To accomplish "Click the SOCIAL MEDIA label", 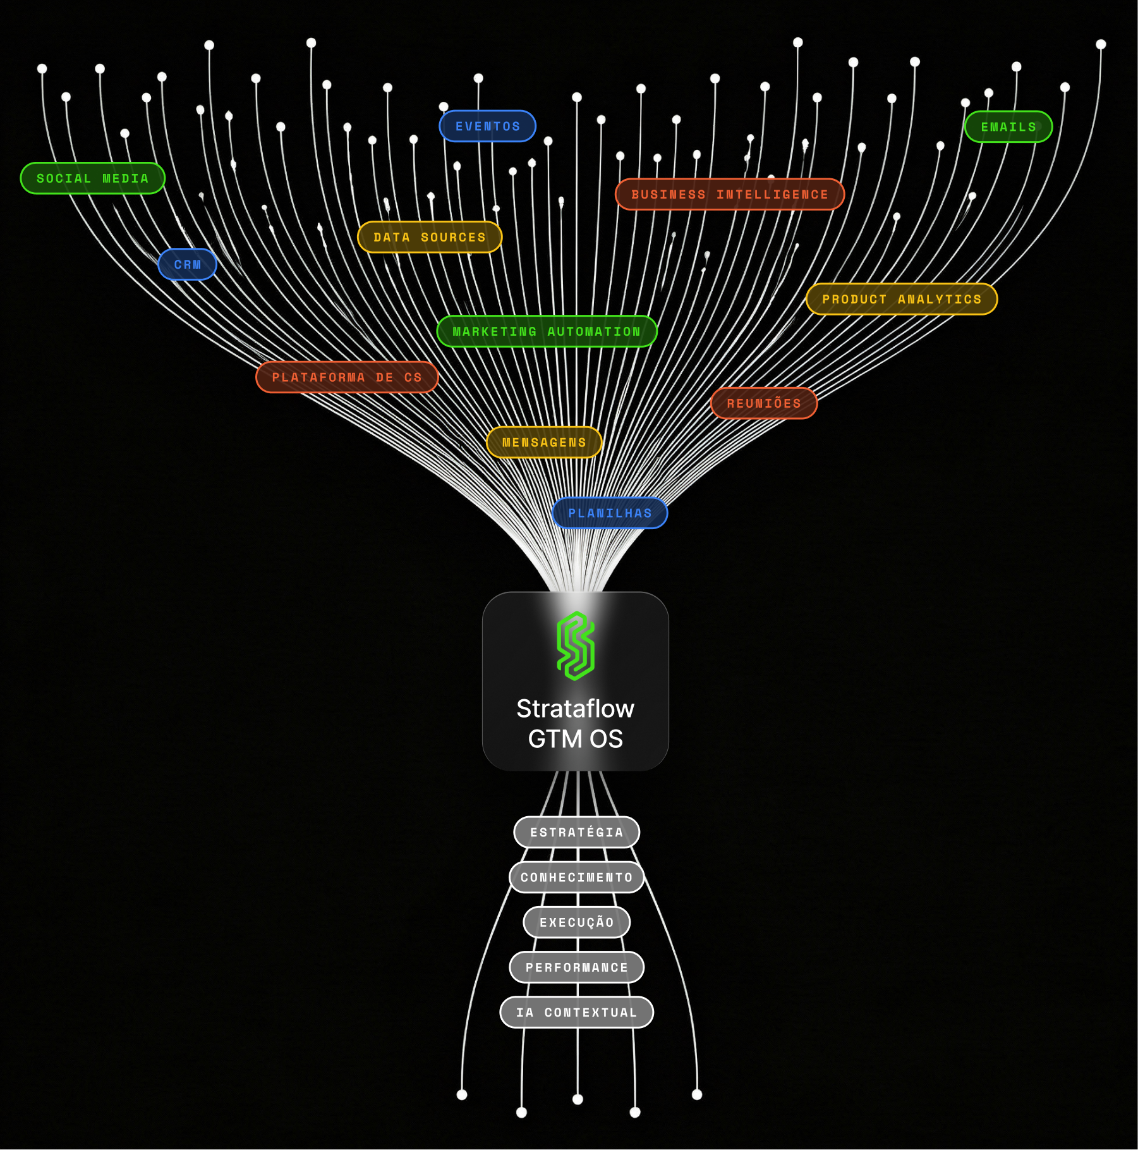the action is [x=92, y=178].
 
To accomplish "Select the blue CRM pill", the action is [x=187, y=264].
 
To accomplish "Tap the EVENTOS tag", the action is [x=488, y=126].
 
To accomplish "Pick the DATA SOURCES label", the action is [x=430, y=237].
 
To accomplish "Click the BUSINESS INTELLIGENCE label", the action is [x=730, y=194].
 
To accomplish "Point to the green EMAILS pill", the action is [x=1008, y=127].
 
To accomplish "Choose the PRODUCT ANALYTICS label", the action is [x=902, y=299].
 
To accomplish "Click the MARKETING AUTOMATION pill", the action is [x=547, y=331].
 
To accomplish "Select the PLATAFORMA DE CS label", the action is [x=347, y=377].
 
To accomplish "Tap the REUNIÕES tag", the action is [x=764, y=403].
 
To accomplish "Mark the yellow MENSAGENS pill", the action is [x=544, y=443].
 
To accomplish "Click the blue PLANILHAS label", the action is [x=610, y=513].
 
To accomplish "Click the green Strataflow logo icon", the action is [x=576, y=645].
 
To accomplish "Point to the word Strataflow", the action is [x=575, y=709].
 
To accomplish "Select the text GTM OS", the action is [x=575, y=739].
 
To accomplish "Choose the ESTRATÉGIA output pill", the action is [x=577, y=833].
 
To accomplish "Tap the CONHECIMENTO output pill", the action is [x=577, y=878].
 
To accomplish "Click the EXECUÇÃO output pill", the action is [x=577, y=922].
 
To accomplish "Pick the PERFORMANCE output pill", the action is [x=577, y=967].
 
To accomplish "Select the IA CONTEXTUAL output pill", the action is [x=577, y=1012].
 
